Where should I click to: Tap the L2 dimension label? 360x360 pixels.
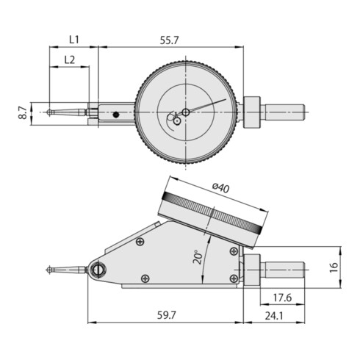tap(69, 59)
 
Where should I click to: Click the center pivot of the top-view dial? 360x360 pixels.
tap(186, 112)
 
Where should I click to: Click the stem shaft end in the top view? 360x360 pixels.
tap(305, 112)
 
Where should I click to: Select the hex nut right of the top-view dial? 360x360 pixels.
tap(251, 112)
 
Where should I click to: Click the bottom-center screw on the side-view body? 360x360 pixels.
tap(145, 278)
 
